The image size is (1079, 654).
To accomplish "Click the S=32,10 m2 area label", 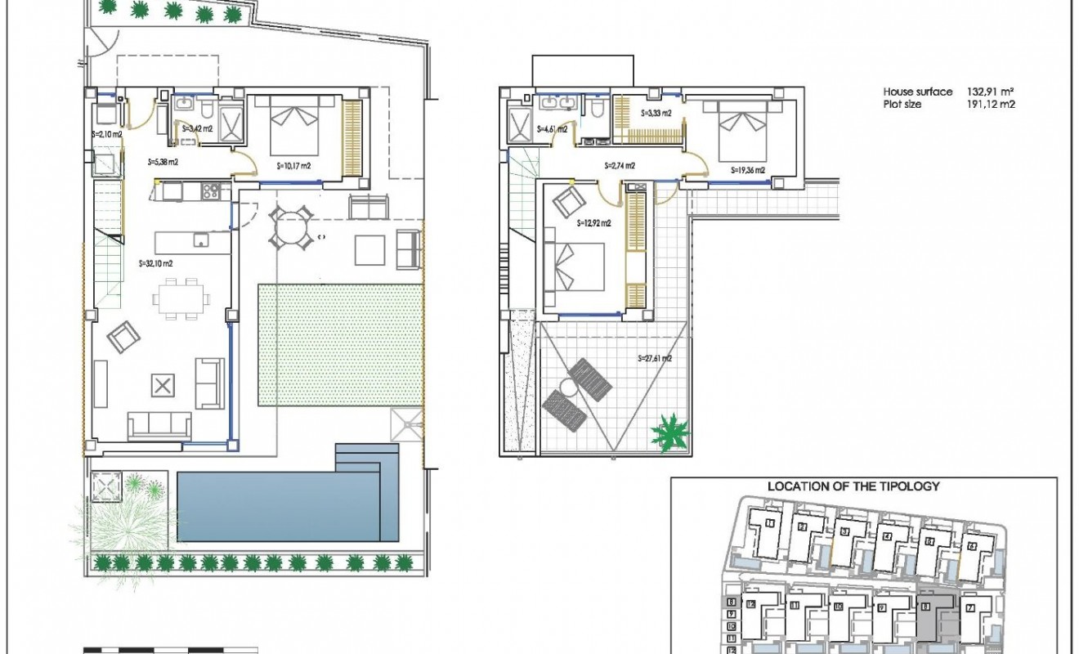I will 155,264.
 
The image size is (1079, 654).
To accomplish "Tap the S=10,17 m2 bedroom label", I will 293,166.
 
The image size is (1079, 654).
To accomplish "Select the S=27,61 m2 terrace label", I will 655,358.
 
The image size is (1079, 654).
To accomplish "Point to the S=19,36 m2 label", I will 747,170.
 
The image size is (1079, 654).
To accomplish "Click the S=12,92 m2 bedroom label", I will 593,222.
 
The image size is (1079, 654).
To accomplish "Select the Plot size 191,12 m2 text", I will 947,104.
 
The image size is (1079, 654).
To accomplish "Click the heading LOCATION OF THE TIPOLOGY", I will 853,486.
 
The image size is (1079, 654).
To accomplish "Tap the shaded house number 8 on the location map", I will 926,607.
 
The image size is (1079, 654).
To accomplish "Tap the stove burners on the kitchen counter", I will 210,192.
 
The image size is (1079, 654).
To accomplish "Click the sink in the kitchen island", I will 200,240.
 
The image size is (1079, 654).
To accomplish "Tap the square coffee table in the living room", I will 163,386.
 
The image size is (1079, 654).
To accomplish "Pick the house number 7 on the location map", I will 970,607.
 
